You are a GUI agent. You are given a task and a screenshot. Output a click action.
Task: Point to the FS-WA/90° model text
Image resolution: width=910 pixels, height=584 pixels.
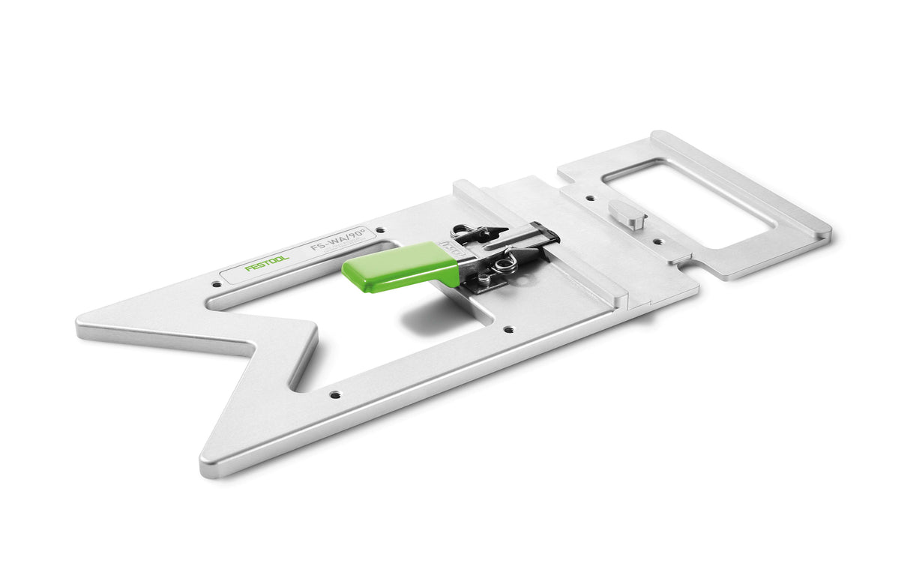[x=333, y=245]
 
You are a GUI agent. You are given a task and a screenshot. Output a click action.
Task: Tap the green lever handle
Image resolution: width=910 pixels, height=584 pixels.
[x=401, y=266]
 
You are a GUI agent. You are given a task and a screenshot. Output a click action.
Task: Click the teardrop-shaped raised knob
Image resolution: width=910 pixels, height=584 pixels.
[x=627, y=214]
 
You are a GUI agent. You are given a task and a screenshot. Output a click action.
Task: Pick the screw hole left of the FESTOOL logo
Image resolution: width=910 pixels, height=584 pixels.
[x=217, y=284]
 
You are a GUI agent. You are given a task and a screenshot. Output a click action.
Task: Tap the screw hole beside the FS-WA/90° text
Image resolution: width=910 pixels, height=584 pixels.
[x=380, y=230]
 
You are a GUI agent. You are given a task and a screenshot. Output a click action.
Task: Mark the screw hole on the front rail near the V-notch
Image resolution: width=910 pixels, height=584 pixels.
[x=334, y=394]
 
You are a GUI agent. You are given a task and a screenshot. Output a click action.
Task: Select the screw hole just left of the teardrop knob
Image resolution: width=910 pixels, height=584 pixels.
[x=590, y=199]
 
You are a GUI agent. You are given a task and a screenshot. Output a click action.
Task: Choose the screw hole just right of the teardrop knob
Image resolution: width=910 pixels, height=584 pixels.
[x=657, y=241]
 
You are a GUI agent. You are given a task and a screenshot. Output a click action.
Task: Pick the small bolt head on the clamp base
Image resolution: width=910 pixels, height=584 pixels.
[x=483, y=280]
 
